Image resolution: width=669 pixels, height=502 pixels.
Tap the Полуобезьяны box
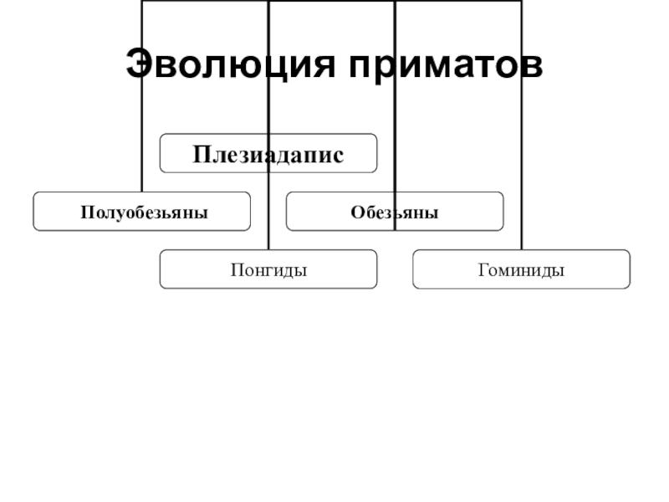click(x=142, y=212)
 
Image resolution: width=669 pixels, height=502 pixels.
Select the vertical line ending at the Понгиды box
click(x=268, y=209)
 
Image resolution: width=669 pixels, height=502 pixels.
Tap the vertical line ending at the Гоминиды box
click(x=521, y=125)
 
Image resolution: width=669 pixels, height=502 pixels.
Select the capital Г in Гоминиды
click(x=483, y=270)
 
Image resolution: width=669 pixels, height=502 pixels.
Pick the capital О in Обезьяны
click(x=356, y=213)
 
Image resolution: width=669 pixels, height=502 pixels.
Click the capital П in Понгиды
click(x=235, y=270)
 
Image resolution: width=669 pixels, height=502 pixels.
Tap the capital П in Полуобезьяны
click(x=85, y=213)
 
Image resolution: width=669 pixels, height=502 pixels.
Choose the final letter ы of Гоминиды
click(x=559, y=271)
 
